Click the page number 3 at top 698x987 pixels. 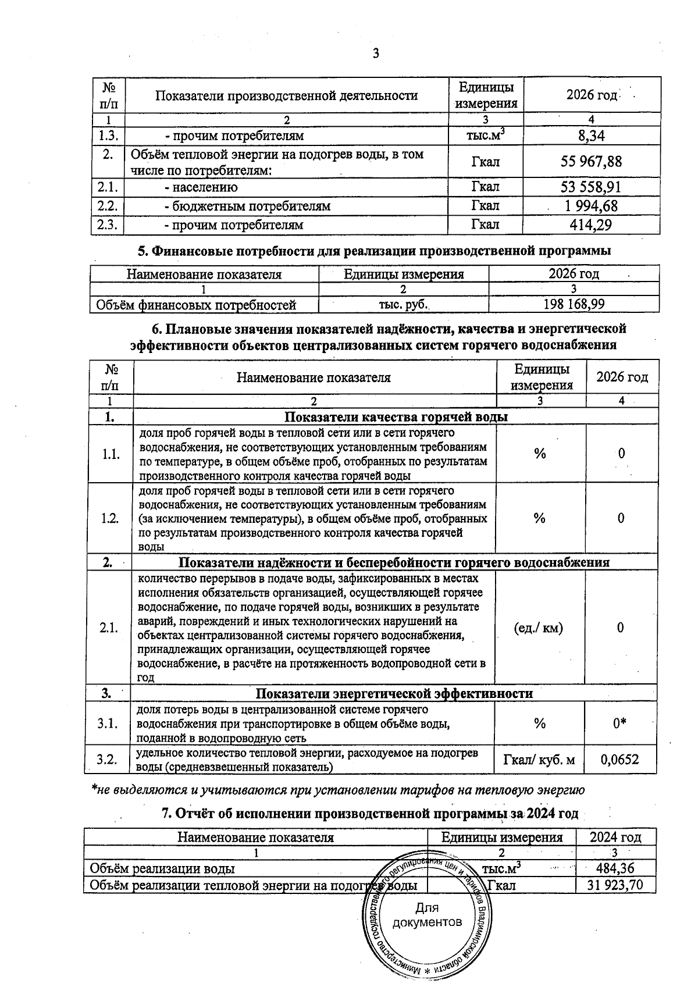(375, 54)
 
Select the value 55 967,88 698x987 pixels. (591, 162)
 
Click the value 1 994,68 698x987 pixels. (591, 206)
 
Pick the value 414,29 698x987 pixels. (591, 225)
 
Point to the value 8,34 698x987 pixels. (591, 136)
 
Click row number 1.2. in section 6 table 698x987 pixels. (111, 518)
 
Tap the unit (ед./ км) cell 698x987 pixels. (539, 628)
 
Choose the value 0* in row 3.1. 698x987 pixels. (621, 724)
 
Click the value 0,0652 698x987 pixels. (620, 760)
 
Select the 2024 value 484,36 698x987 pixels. (615, 869)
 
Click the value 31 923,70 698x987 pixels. (615, 886)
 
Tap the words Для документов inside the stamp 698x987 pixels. (428, 915)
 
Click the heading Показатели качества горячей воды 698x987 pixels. (396, 417)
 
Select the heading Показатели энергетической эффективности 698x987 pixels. (394, 693)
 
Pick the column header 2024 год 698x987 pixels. (615, 838)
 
